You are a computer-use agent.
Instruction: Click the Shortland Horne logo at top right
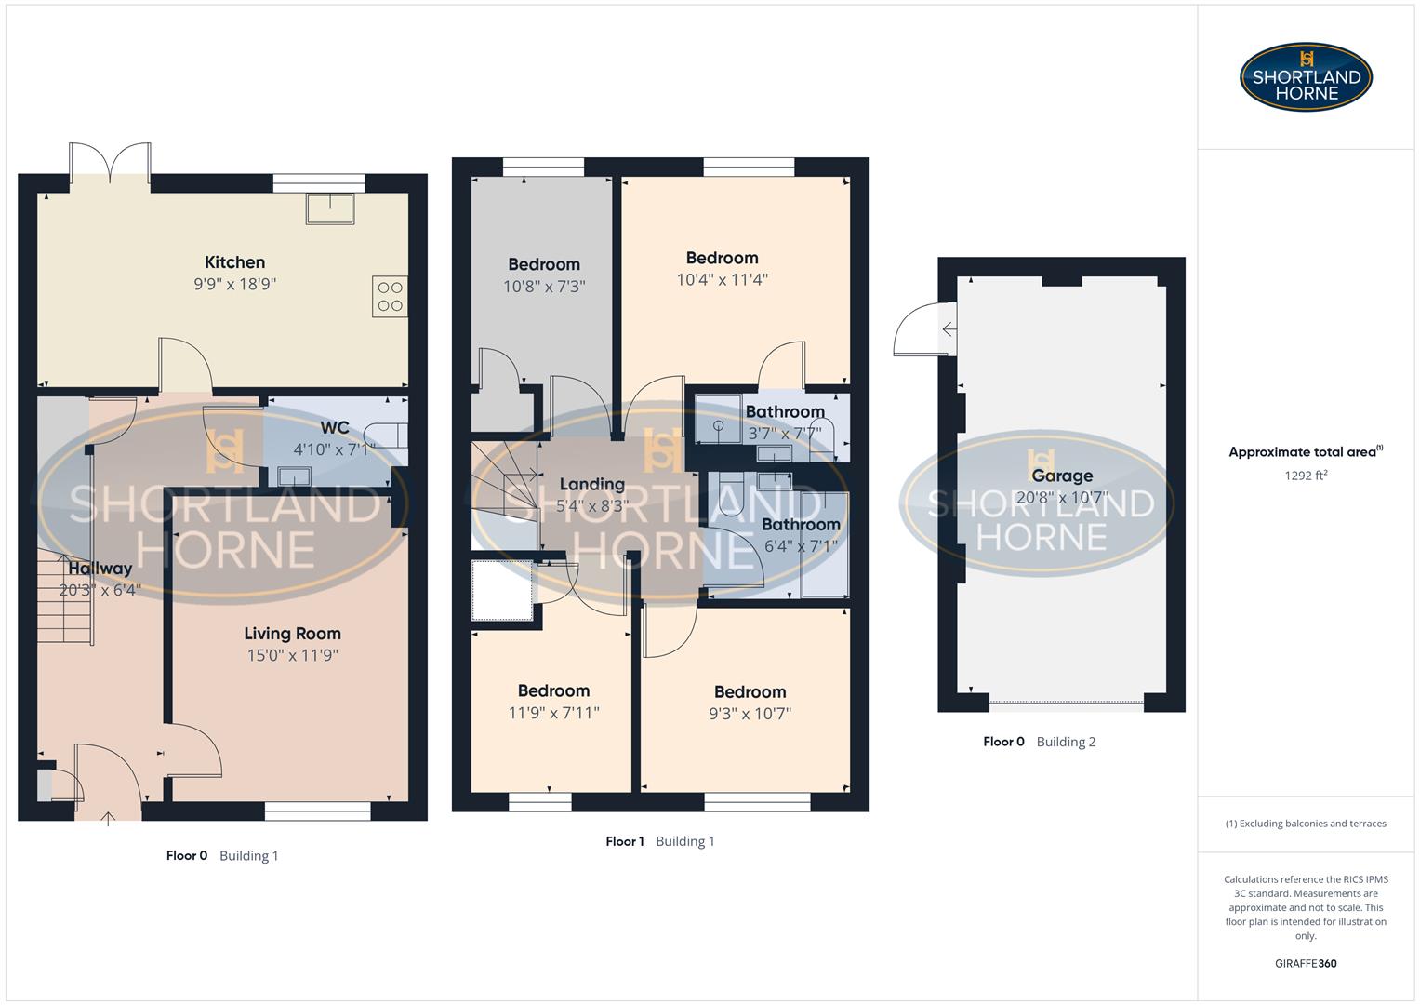1306,77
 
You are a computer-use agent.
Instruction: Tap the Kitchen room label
234,262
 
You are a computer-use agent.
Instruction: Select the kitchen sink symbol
330,208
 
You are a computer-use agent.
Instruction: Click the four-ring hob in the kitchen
390,297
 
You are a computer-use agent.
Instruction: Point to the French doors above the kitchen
110,163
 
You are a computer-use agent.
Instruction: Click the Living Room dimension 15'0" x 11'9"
292,655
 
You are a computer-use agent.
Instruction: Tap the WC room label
335,428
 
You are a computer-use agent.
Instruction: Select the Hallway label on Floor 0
100,569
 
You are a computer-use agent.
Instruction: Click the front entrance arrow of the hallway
108,818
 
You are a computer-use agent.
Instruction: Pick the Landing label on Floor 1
591,484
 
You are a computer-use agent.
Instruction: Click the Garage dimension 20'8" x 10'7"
1061,498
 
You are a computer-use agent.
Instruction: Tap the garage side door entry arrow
949,329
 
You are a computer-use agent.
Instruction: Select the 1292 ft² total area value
1306,476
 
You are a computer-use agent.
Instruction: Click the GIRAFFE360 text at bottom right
1306,964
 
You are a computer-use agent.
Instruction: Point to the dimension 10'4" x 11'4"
722,280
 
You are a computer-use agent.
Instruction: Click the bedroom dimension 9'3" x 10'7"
750,714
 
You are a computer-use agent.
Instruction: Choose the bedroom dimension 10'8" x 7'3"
544,287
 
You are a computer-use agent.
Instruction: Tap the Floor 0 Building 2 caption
1039,742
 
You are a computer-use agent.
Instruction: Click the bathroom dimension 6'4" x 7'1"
801,546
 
